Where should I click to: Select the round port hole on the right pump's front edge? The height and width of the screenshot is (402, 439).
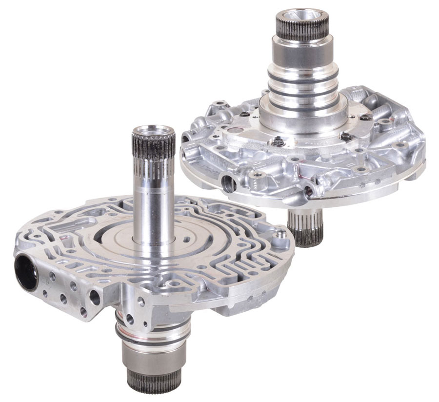click(228, 183)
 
